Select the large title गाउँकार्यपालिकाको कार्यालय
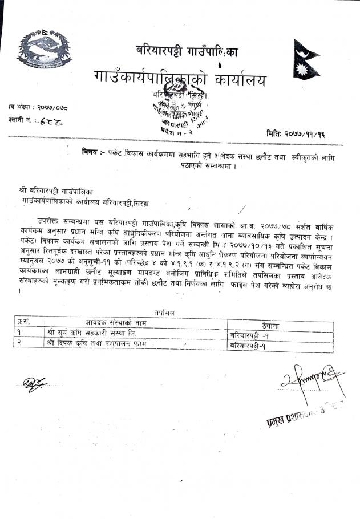180,79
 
